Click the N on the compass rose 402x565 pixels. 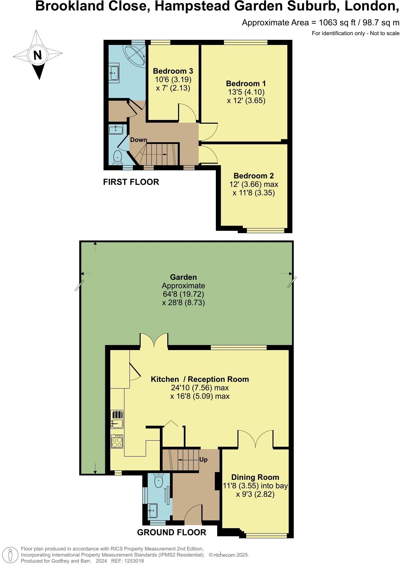pyautogui.click(x=37, y=55)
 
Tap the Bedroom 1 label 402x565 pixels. pyautogui.click(x=246, y=83)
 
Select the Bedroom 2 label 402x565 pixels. pyautogui.click(x=254, y=176)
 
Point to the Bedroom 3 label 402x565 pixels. pyautogui.click(x=173, y=71)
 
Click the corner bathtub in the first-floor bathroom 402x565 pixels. pyautogui.click(x=135, y=54)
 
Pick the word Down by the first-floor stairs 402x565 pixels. pyautogui.click(x=139, y=140)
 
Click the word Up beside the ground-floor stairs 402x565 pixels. pyautogui.click(x=203, y=460)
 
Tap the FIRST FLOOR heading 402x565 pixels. pyautogui.click(x=131, y=182)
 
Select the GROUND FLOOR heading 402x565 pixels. pyautogui.click(x=171, y=533)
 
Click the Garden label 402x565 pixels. pyautogui.click(x=183, y=277)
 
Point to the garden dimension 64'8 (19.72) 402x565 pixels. pyautogui.click(x=183, y=294)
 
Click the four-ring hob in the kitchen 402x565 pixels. pyautogui.click(x=117, y=441)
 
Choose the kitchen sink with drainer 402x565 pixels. pyautogui.click(x=117, y=419)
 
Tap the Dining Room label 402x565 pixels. pyautogui.click(x=255, y=477)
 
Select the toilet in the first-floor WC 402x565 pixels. pyautogui.click(x=117, y=157)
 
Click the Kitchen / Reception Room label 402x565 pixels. pyautogui.click(x=200, y=379)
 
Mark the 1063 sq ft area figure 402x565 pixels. pyautogui.click(x=331, y=23)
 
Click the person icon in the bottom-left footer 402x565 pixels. pyautogui.click(x=11, y=556)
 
